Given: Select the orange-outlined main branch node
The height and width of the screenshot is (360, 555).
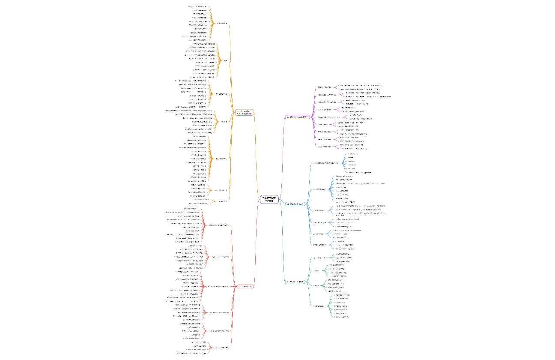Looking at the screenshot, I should pos(245,112).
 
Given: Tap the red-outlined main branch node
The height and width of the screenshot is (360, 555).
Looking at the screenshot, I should pos(245,286).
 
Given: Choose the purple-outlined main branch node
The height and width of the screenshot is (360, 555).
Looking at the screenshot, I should pos(297,117).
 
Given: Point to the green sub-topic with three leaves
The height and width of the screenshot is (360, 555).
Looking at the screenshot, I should pos(320,258).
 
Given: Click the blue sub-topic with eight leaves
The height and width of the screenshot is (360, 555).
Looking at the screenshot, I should pos(320,189).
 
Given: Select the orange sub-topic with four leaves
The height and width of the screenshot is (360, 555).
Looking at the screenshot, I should pos(223,190).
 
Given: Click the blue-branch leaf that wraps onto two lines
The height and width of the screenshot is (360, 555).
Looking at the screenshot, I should pos(360,213).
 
